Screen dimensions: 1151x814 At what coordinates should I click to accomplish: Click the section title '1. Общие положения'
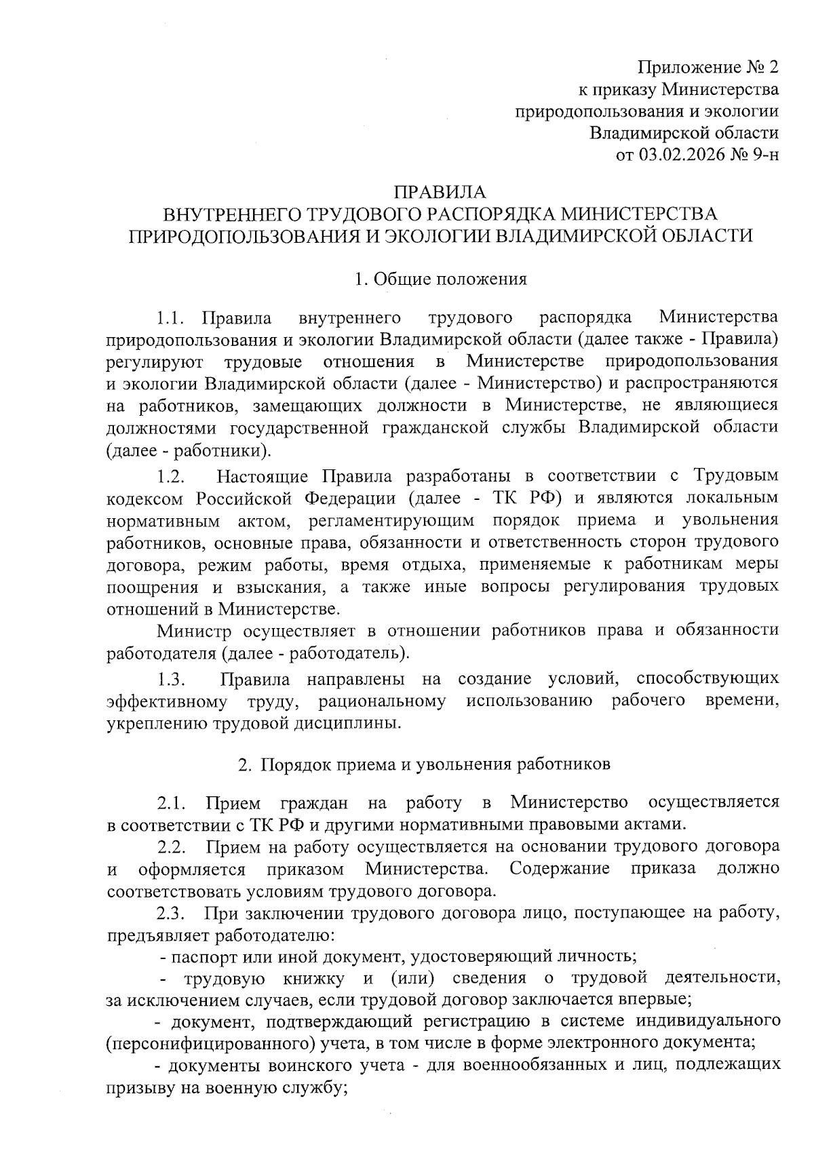441,279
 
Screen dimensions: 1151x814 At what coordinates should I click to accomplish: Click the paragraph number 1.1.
170,317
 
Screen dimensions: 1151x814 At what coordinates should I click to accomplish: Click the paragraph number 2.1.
172,804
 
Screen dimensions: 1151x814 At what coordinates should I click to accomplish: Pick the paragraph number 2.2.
172,847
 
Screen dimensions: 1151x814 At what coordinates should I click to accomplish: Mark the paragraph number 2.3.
172,913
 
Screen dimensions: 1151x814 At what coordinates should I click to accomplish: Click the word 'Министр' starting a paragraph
191,631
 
